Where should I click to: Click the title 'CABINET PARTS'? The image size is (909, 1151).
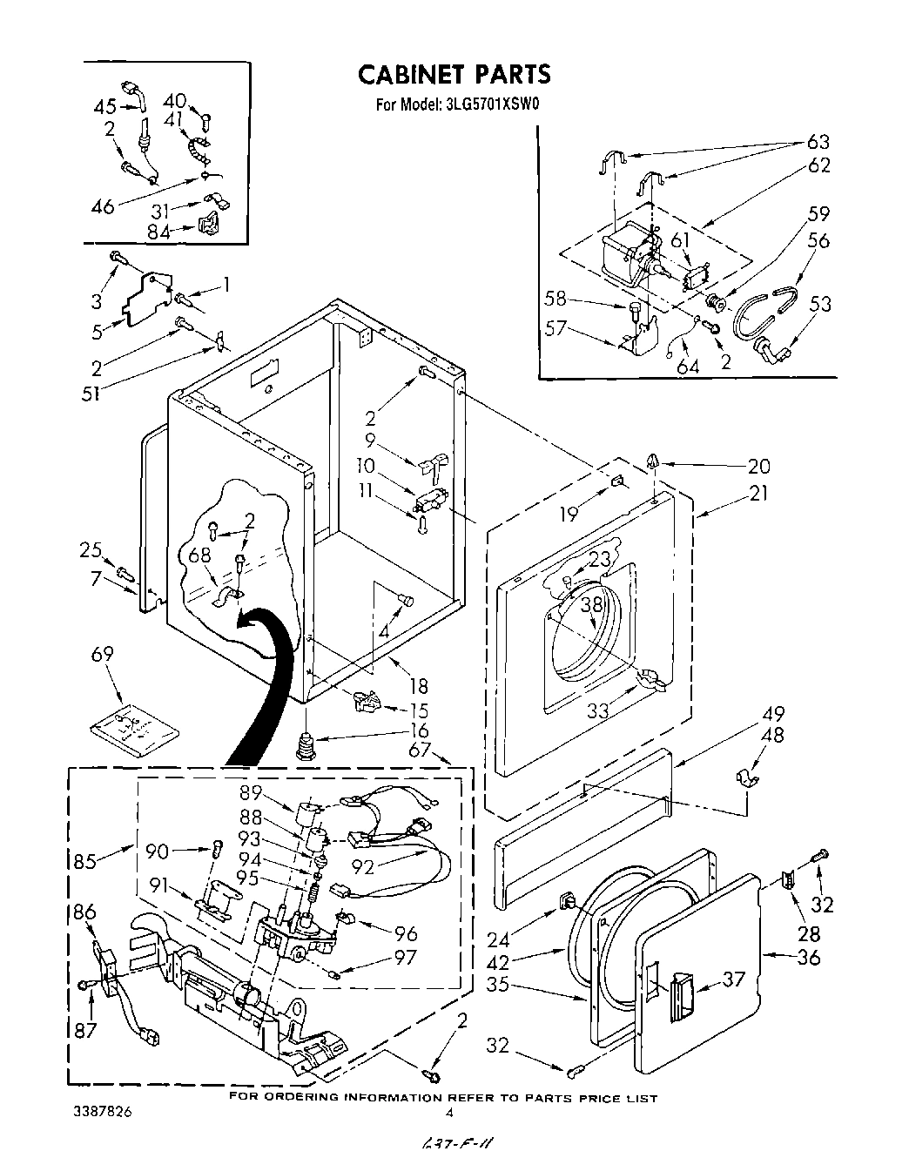coord(454,75)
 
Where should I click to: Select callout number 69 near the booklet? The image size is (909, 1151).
coord(104,654)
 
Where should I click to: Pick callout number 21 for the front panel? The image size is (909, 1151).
coord(758,493)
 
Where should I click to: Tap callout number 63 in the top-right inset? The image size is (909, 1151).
coord(818,141)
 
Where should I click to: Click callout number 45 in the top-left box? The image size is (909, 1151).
coord(104,107)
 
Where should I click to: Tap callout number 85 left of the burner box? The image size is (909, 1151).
coord(86,863)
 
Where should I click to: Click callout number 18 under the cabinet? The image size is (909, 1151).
coord(419,687)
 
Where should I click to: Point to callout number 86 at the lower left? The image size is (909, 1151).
coord(84,913)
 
